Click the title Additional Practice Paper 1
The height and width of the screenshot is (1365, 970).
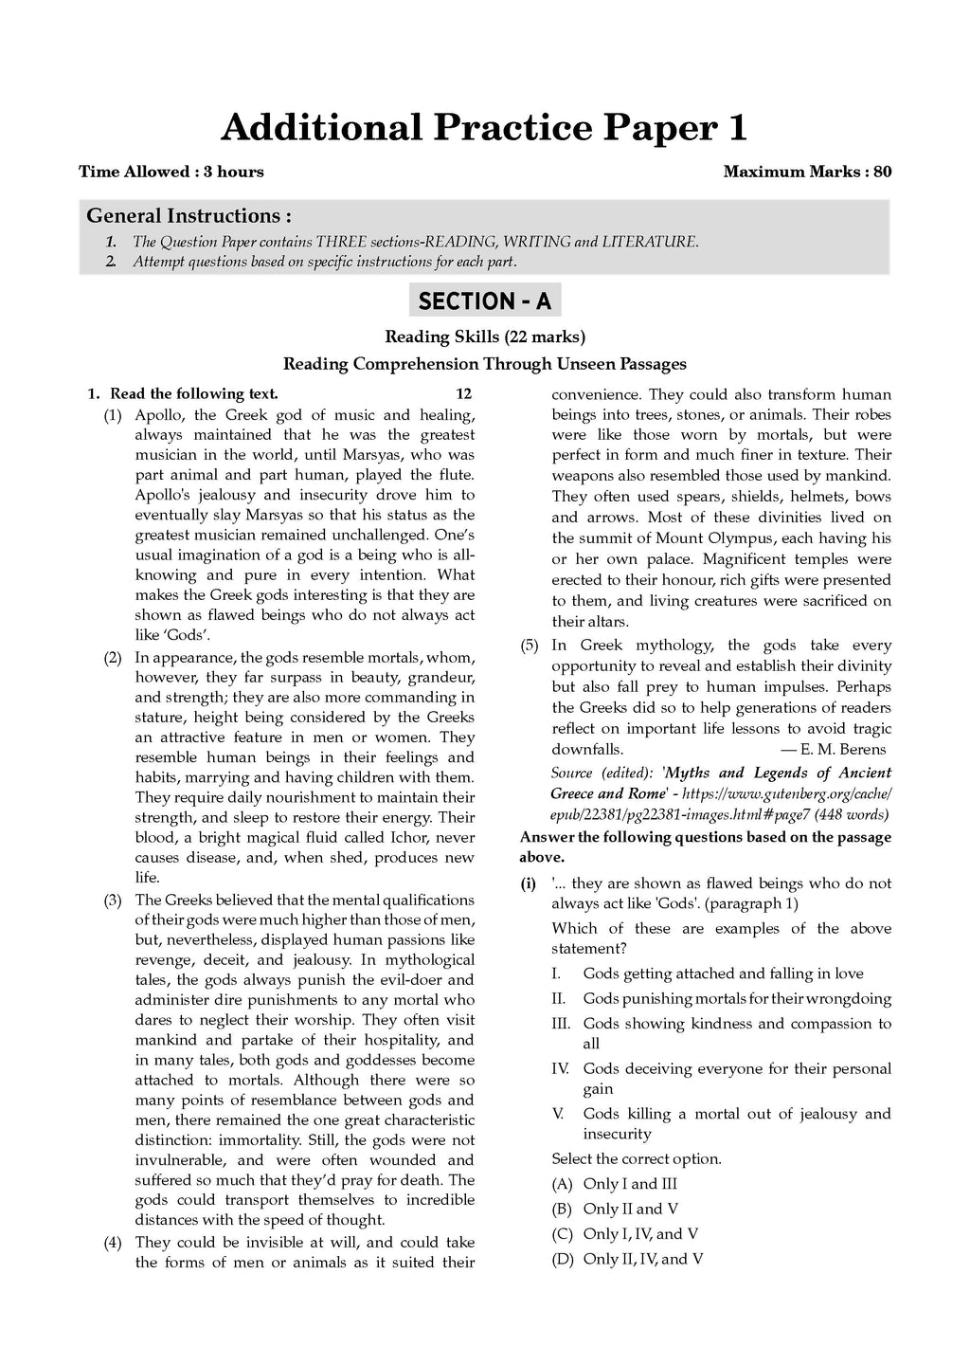pos(484,127)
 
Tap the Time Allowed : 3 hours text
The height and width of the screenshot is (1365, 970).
pos(171,172)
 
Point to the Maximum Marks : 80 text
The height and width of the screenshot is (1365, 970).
pos(807,172)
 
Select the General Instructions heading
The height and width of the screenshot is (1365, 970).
pos(189,215)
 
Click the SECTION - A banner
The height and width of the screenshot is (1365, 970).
pos(484,300)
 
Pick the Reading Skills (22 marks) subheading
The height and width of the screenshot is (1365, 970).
pos(484,336)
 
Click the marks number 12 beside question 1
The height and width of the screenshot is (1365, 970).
pos(463,393)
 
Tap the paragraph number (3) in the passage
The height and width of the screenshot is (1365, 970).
pos(113,900)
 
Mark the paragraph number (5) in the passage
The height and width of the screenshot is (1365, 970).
pos(530,646)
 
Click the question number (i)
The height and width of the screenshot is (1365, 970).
pos(529,883)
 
